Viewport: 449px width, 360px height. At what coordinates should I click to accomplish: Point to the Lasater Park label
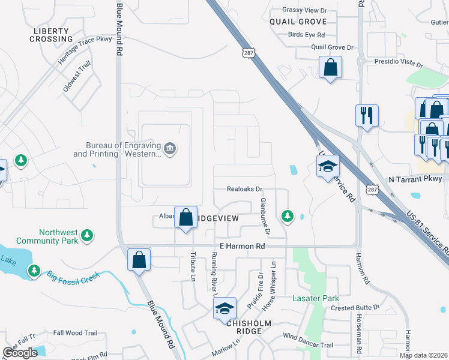[315, 298]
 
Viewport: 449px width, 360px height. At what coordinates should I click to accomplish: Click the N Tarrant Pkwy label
[415, 179]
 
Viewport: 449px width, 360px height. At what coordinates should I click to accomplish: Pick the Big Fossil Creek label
[74, 277]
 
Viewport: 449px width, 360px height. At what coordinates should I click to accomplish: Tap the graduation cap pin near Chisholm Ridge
[224, 308]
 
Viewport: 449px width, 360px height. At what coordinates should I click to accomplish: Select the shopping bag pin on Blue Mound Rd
[139, 260]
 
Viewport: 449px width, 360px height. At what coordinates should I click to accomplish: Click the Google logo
[20, 352]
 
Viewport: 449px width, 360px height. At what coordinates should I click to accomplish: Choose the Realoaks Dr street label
[246, 188]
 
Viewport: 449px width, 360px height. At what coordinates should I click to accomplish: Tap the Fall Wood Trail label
[75, 333]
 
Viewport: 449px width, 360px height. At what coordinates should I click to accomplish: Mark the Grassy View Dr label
[306, 10]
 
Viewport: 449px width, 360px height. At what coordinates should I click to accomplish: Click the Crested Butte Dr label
[355, 307]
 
